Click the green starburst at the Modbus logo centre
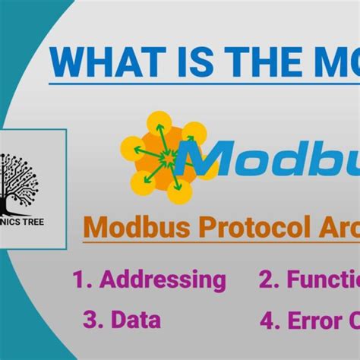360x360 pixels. point(167,159)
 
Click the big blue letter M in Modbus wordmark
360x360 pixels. point(225,162)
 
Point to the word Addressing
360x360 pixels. point(163,279)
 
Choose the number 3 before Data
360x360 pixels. point(90,320)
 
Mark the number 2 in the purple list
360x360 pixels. point(266,279)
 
